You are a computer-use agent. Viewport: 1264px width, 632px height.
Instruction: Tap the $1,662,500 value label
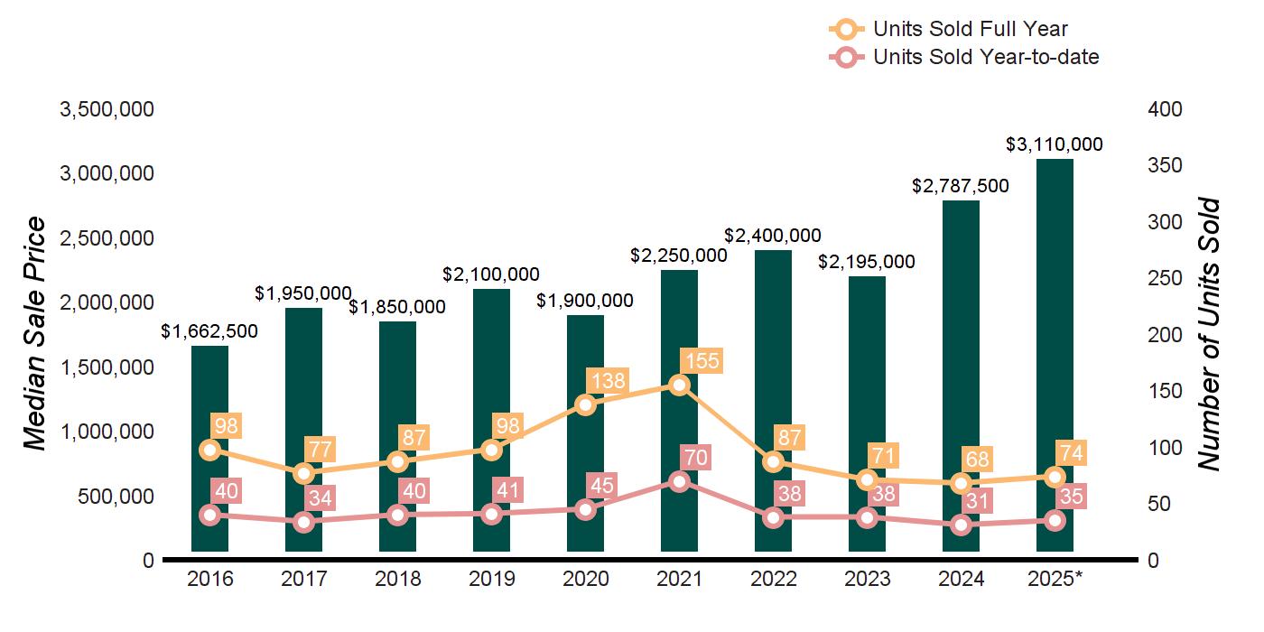point(209,331)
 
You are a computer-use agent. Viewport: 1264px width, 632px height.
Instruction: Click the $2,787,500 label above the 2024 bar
point(961,186)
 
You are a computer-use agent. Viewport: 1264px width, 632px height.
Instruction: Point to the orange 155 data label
point(702,361)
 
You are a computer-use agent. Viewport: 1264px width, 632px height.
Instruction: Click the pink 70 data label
point(695,458)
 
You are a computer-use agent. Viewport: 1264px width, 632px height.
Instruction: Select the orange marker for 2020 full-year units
point(585,404)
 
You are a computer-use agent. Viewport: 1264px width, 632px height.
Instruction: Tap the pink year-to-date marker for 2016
point(209,515)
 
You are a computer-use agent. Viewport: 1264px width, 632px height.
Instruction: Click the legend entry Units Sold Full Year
point(970,29)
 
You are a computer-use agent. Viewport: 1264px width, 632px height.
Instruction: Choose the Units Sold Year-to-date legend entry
point(985,57)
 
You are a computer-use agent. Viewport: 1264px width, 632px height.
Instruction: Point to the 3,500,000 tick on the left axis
point(107,110)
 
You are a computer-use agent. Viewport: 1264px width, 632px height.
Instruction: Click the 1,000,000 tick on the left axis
point(107,432)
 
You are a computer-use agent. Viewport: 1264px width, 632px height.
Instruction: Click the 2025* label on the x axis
point(1055,579)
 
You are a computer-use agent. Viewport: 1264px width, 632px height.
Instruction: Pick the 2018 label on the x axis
point(397,579)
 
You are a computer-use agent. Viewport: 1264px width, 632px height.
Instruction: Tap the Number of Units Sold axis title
point(1210,334)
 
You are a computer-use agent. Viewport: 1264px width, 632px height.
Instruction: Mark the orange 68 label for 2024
point(977,459)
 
